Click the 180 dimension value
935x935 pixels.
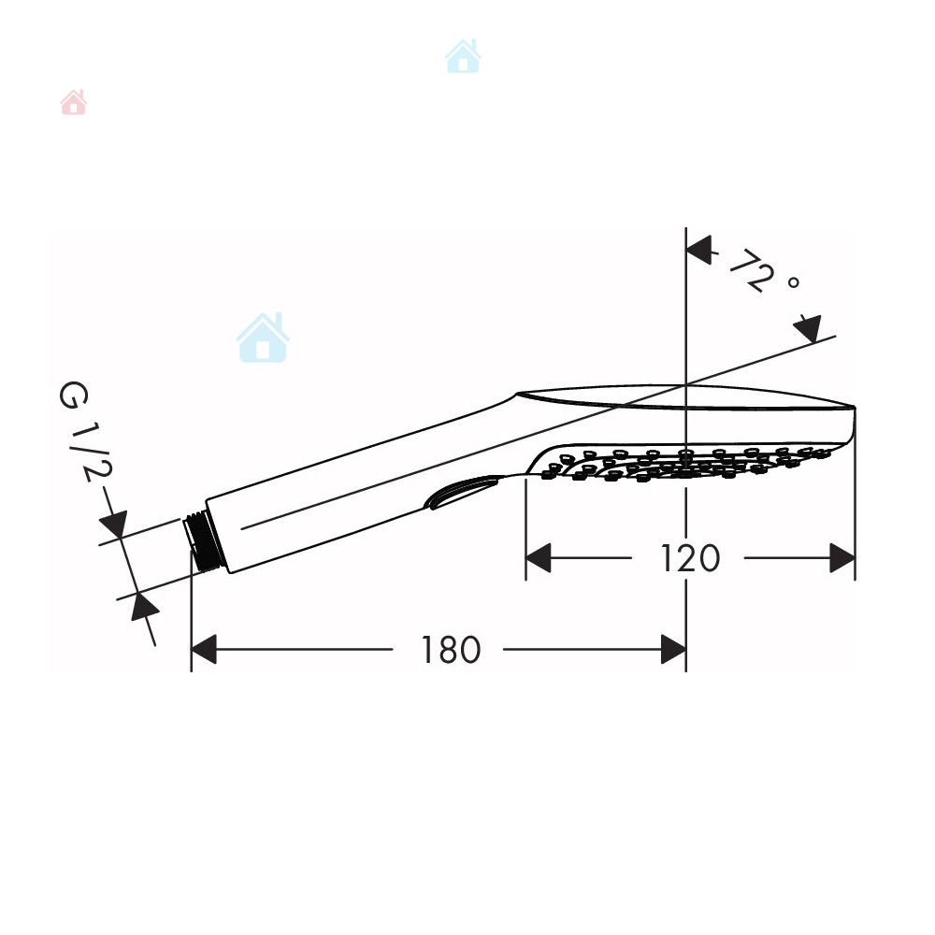[x=451, y=650]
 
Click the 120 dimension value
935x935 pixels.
[x=690, y=558]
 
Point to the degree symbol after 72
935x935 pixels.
[x=793, y=282]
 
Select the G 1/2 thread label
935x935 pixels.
[x=85, y=431]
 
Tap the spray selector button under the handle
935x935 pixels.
[x=460, y=491]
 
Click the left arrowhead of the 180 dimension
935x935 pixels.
[x=203, y=650]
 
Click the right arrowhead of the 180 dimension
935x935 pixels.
[x=673, y=650]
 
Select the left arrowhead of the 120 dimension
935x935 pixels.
[x=538, y=558]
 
